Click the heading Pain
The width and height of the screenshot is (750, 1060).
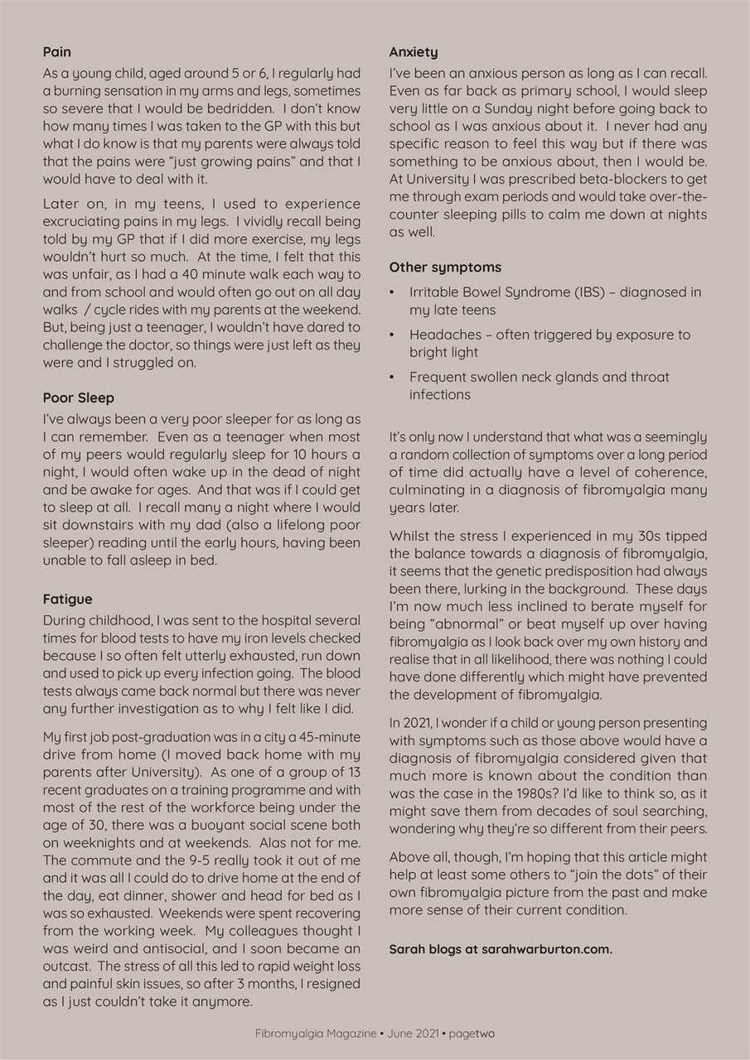tap(56, 52)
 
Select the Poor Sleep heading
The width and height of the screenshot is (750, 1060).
tap(79, 397)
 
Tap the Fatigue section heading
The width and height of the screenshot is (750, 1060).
tap(67, 599)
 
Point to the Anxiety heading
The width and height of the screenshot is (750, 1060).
tap(414, 52)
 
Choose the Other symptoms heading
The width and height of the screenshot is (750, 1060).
tap(445, 267)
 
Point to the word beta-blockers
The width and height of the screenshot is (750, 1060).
tap(617, 178)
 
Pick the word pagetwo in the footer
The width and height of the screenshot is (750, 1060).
tap(472, 1033)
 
